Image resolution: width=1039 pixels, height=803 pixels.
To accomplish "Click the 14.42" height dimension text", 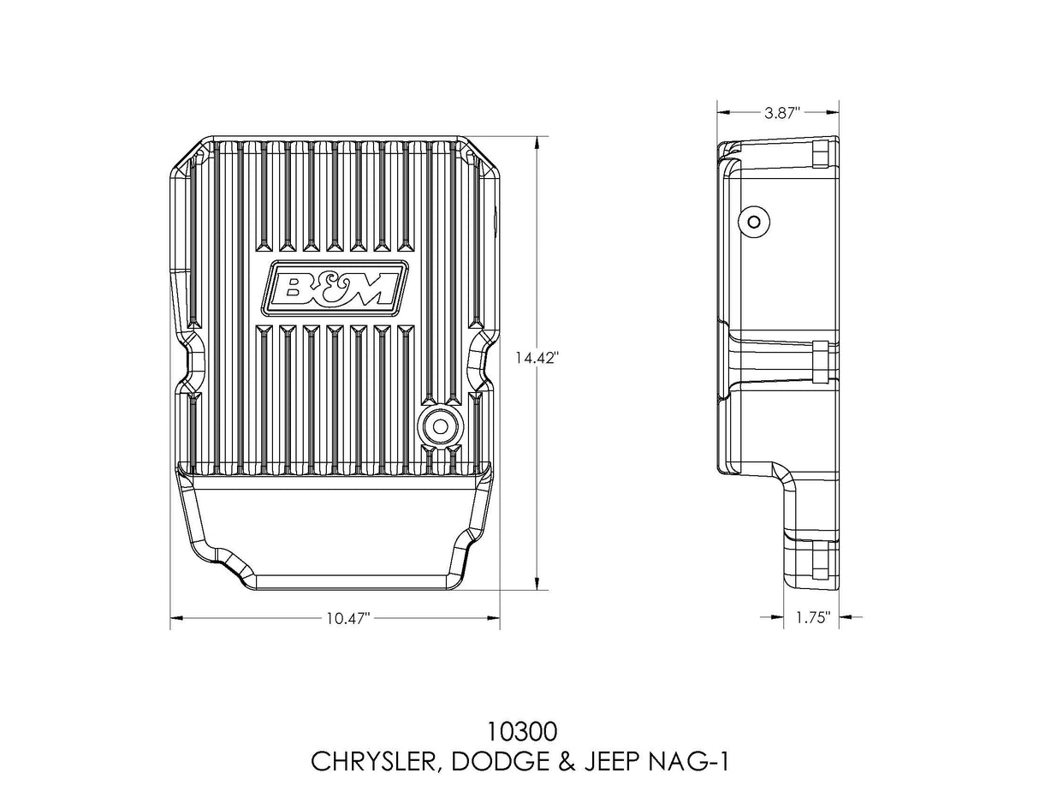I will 537,359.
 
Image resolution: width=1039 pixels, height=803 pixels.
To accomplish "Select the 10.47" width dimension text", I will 347,619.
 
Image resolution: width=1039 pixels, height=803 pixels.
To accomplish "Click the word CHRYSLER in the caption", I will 372,761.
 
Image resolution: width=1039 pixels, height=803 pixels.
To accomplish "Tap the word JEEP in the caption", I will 603,761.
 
